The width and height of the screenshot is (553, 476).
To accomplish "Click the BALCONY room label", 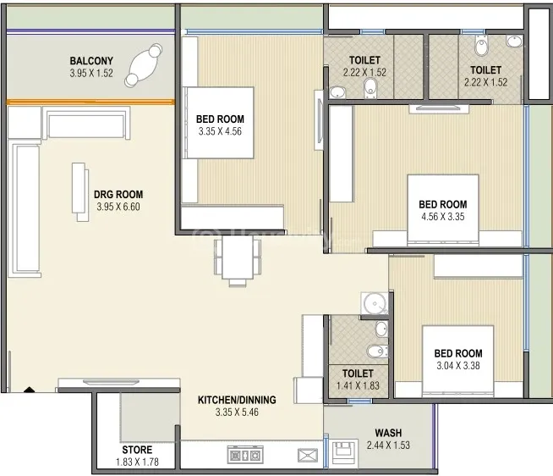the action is point(91,61).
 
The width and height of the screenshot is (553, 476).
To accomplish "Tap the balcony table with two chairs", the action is point(143,65).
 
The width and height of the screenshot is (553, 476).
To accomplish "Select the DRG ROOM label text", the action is point(118,194).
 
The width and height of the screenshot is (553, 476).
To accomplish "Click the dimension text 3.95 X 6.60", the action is point(118,207).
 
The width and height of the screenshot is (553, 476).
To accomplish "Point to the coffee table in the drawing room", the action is point(80,192).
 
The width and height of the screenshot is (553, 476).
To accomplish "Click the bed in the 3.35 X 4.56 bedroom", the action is point(218,122).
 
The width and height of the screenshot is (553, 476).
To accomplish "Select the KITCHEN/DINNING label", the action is point(237,400).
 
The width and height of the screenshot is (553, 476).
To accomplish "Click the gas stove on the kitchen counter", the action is point(245,455).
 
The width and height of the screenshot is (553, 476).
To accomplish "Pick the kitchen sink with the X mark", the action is point(308,455).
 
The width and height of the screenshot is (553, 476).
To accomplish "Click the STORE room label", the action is point(137,450).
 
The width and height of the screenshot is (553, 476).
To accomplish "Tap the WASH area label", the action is point(388,433).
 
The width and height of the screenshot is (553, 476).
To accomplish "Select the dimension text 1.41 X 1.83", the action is point(358,385).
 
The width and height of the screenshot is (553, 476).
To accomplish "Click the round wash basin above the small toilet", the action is point(375,303).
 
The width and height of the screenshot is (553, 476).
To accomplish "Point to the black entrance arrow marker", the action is point(30,390).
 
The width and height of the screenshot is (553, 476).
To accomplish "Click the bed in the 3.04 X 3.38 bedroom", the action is point(457,360).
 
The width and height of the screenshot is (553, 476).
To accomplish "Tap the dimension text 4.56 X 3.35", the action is point(443,217).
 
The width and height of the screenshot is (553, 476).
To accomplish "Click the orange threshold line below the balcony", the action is point(90,102).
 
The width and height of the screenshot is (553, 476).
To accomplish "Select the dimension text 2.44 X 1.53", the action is point(388,446).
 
